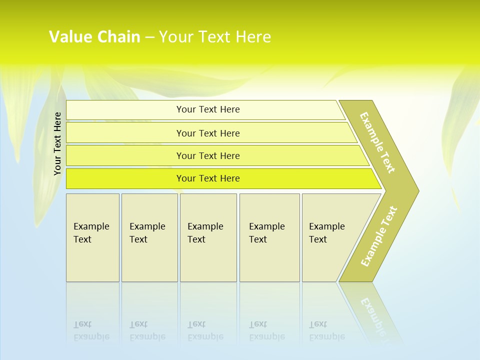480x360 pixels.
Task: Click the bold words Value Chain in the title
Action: (x=94, y=37)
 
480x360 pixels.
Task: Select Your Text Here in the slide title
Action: (x=215, y=37)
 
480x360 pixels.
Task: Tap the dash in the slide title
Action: (x=149, y=37)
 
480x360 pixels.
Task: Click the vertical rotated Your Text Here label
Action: (x=57, y=143)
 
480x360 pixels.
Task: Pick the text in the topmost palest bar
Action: (x=208, y=109)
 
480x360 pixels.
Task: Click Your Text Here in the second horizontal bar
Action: (x=208, y=133)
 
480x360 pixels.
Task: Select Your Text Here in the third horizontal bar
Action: (x=208, y=156)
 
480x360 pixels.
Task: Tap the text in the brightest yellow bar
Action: (x=208, y=178)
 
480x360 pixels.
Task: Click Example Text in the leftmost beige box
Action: (x=91, y=233)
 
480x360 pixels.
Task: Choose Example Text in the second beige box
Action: (x=147, y=233)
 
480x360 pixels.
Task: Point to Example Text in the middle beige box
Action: (x=205, y=233)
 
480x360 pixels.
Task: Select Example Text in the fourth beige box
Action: (x=266, y=233)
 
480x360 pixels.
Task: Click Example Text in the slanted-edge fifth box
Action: (x=326, y=233)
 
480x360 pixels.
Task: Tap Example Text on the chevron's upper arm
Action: (x=377, y=142)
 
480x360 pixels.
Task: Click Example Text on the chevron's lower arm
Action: (x=379, y=236)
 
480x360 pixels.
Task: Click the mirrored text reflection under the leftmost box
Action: (x=91, y=331)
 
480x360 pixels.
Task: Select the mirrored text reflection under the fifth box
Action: (x=326, y=331)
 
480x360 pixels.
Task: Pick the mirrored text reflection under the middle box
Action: (x=205, y=331)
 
